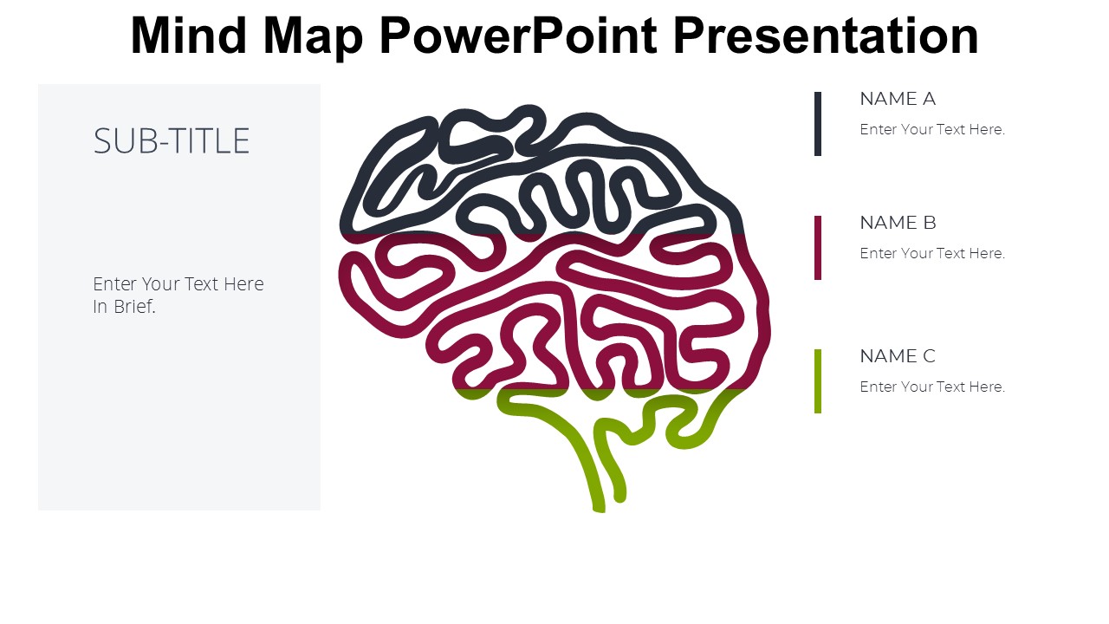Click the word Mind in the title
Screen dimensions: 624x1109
pyautogui.click(x=188, y=36)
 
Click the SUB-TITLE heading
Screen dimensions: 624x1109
pyautogui.click(x=172, y=141)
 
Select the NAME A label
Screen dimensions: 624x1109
pyautogui.click(x=898, y=99)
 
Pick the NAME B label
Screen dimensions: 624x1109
pyautogui.click(x=898, y=223)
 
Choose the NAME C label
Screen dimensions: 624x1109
pyautogui.click(x=898, y=356)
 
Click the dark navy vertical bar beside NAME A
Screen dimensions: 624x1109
pyautogui.click(x=818, y=124)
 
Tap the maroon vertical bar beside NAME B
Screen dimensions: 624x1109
pyautogui.click(x=818, y=248)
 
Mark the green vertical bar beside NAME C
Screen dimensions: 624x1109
pyautogui.click(x=818, y=381)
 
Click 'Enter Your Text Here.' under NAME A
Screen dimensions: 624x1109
pyautogui.click(x=932, y=130)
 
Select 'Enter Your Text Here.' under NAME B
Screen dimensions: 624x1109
pyautogui.click(x=932, y=254)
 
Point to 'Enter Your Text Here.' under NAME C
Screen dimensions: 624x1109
pyautogui.click(x=932, y=387)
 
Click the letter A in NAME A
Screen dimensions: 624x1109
pyautogui.click(x=929, y=99)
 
